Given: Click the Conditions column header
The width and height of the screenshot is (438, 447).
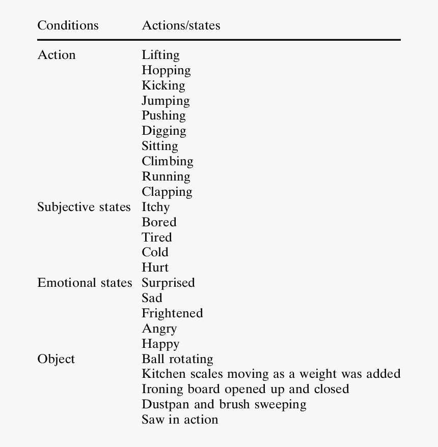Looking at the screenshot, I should [x=68, y=25].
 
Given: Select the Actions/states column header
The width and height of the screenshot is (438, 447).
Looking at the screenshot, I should [x=181, y=25].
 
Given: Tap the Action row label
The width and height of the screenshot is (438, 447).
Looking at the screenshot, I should [x=57, y=55].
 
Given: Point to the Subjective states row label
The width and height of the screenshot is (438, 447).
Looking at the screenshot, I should [x=84, y=207].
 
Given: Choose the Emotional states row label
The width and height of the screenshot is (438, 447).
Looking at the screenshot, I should [x=85, y=283].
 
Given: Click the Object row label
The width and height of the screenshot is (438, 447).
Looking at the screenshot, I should [x=56, y=359].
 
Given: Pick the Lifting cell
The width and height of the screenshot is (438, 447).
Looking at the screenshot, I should [x=160, y=55].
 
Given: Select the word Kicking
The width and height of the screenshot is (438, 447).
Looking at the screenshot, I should [x=163, y=85].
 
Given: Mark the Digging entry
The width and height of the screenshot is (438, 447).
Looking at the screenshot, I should [x=164, y=131].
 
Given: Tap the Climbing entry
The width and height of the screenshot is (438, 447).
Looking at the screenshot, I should [x=168, y=162].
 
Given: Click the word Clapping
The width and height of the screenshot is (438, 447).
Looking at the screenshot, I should [x=167, y=192].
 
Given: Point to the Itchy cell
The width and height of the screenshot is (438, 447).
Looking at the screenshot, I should [x=156, y=207].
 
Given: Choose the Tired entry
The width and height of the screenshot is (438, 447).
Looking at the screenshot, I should [x=157, y=237].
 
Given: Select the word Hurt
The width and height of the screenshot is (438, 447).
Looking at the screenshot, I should [x=155, y=267].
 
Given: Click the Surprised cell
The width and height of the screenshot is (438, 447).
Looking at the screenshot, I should [x=168, y=283].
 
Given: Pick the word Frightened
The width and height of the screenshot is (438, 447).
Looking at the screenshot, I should [x=172, y=313].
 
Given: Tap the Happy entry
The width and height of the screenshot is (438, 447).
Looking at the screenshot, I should [x=160, y=344].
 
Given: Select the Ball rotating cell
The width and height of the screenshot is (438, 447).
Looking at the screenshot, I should [x=177, y=359].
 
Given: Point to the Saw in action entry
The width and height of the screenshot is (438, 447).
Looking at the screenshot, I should [x=180, y=420].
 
